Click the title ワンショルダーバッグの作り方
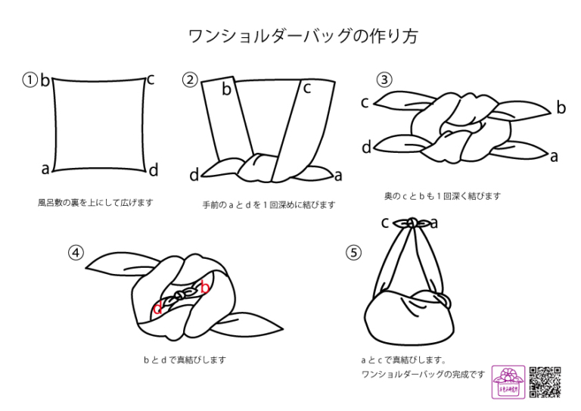(x=303, y=36)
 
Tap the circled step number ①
(x=30, y=80)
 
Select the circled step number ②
(x=190, y=79)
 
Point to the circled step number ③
(x=384, y=79)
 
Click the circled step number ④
(x=76, y=253)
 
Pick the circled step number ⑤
(x=353, y=253)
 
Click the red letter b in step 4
(x=205, y=286)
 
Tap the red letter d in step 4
(x=157, y=308)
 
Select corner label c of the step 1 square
(x=151, y=79)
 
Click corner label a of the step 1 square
(x=45, y=169)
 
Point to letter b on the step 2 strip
(x=226, y=89)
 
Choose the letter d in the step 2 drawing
(x=194, y=175)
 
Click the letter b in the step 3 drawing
(x=561, y=107)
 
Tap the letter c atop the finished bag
(x=385, y=223)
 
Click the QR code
(x=545, y=382)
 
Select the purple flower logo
(x=508, y=382)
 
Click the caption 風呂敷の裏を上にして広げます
(x=95, y=203)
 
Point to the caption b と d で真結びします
(x=185, y=360)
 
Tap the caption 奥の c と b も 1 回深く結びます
(x=443, y=196)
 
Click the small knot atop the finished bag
(x=412, y=223)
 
